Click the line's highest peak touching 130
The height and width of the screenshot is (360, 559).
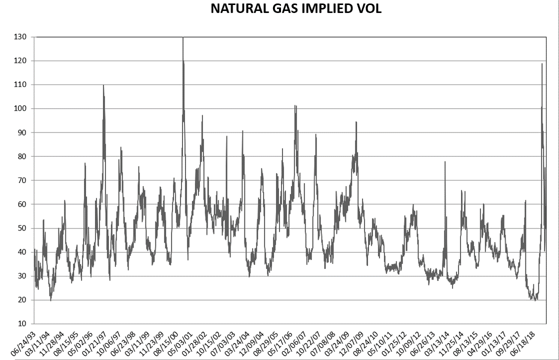(x=183, y=38)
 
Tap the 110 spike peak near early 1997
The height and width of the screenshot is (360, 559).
(x=103, y=85)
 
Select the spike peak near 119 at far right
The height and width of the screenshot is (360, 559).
(x=542, y=63)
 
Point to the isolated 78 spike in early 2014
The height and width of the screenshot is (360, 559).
(x=444, y=162)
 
